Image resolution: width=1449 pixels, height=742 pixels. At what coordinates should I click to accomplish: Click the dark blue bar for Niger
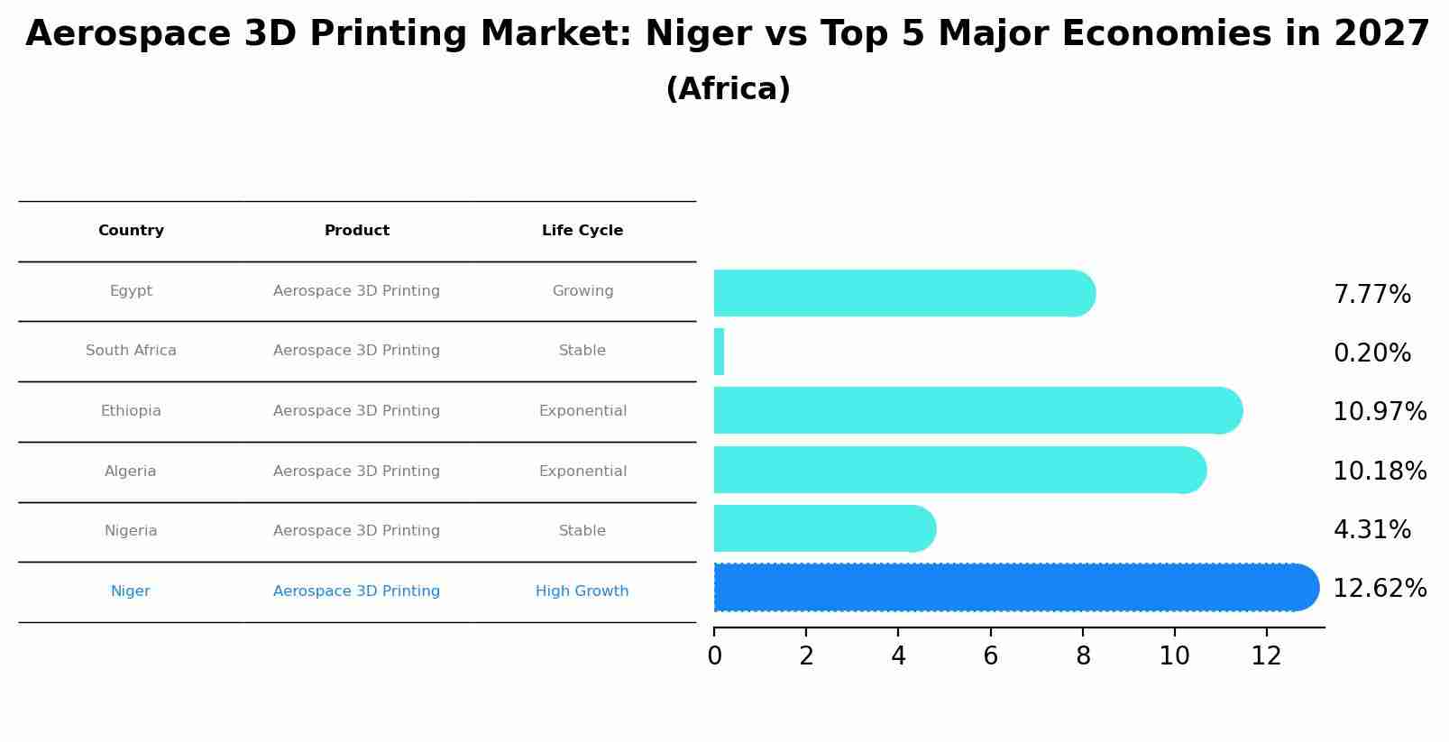tap(1010, 588)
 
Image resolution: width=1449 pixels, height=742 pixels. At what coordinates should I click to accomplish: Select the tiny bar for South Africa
tap(719, 352)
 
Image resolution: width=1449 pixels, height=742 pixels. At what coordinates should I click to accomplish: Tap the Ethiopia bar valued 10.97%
tap(974, 411)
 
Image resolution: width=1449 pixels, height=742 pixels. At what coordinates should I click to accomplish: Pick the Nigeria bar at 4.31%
tap(821, 529)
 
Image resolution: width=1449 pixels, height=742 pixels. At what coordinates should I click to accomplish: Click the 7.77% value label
tap(1371, 295)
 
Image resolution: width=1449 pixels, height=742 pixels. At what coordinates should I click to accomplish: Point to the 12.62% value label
tap(1379, 589)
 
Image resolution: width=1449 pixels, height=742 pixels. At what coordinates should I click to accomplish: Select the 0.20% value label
tap(1371, 353)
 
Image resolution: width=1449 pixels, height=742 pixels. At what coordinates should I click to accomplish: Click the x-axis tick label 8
tap(1083, 656)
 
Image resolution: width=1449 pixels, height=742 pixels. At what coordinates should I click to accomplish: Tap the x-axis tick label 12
tap(1266, 656)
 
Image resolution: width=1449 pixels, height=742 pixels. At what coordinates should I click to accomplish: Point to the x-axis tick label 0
tap(714, 656)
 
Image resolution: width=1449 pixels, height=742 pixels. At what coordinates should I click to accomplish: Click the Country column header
tap(131, 231)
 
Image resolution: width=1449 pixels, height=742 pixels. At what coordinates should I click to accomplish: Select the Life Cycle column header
tap(582, 231)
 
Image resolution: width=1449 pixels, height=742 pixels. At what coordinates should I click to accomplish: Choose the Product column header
tap(357, 231)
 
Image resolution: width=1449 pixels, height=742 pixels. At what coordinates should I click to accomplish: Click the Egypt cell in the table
tap(131, 291)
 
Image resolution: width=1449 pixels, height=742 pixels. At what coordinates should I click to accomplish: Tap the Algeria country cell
tap(131, 472)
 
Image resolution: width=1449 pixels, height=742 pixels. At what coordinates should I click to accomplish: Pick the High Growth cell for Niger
tap(582, 591)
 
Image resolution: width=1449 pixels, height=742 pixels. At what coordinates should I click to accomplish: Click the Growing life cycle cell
tap(582, 291)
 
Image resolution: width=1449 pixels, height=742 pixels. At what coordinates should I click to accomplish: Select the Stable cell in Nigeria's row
tap(582, 531)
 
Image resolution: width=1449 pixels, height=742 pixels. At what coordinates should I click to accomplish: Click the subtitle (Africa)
tap(728, 89)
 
